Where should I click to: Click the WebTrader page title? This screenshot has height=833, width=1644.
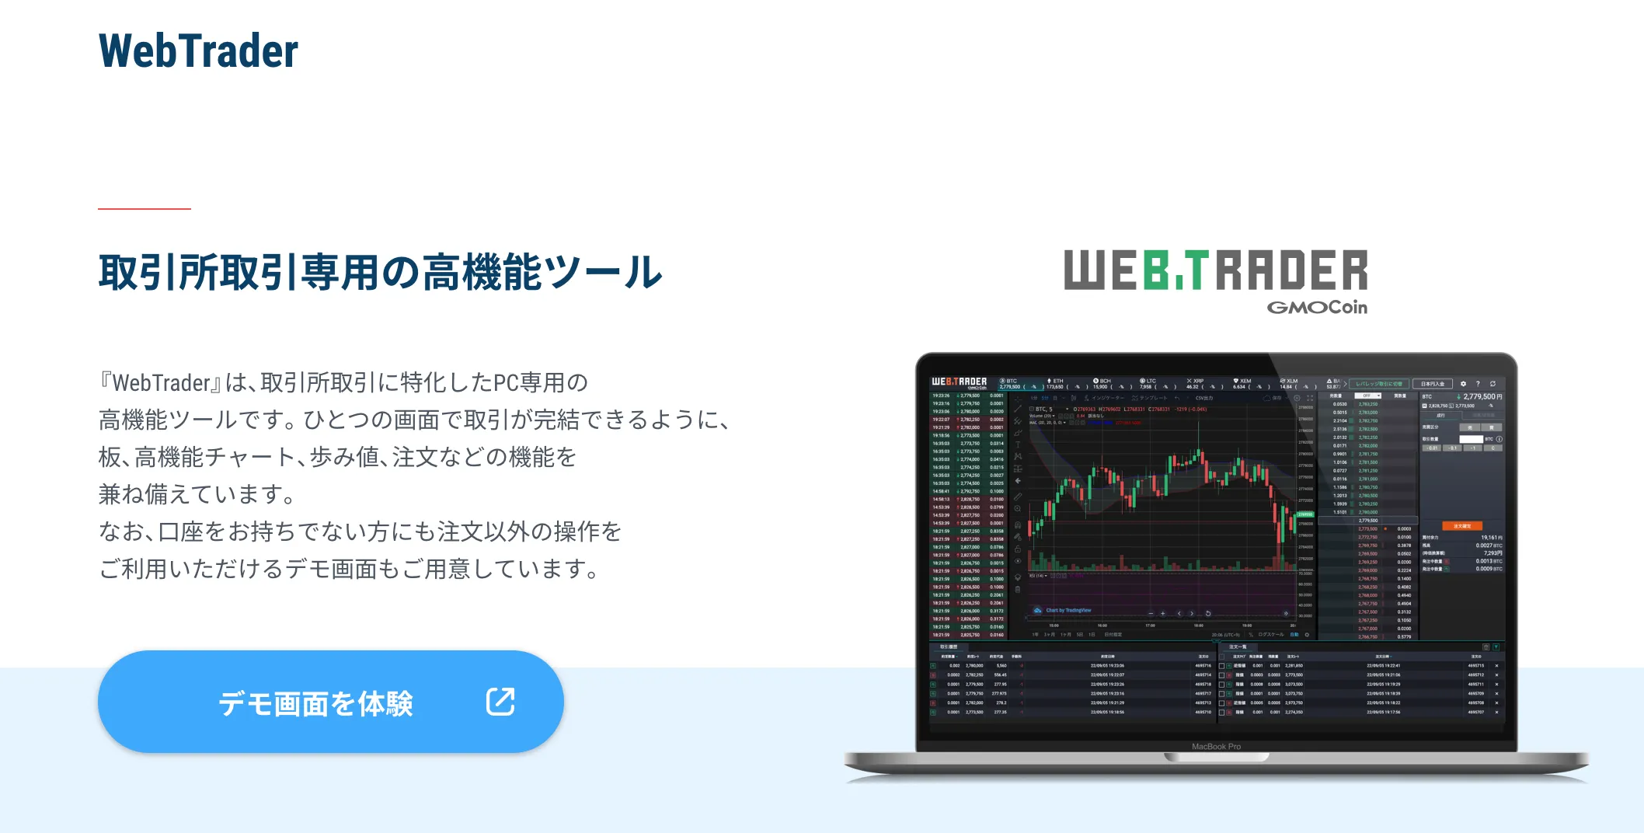(198, 51)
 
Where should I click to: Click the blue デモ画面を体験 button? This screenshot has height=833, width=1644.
(330, 702)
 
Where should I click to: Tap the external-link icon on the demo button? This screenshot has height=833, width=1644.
(500, 701)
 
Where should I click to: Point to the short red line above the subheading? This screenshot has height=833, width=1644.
(145, 209)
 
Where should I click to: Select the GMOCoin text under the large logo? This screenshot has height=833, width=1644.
(1317, 308)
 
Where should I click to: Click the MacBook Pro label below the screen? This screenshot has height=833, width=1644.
(1216, 747)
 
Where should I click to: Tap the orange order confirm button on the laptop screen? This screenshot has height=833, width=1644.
(1461, 526)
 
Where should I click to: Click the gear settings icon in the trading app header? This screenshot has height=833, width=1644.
(1463, 384)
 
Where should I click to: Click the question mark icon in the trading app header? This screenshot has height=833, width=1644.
(1478, 384)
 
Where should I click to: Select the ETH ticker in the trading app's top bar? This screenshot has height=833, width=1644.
(1057, 382)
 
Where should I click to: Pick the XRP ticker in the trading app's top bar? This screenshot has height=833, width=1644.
(1196, 382)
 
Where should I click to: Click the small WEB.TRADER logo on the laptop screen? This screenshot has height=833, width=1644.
(959, 382)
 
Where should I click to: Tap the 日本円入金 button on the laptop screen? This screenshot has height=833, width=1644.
(1433, 384)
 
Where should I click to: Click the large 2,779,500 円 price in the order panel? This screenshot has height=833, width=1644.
(1482, 396)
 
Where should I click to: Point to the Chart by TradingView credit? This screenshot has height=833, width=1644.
(1068, 611)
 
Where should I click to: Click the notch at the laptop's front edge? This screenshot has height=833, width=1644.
(1216, 757)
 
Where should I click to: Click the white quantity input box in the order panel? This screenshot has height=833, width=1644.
(1471, 439)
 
